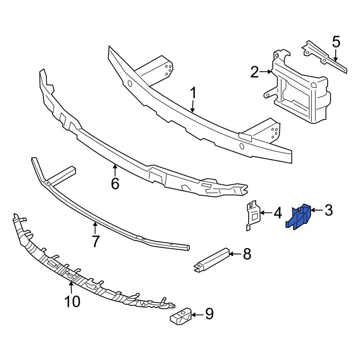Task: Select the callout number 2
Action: [255, 73]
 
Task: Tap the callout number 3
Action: [329, 210]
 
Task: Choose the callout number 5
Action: [336, 42]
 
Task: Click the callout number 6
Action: [115, 184]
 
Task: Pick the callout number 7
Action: [95, 241]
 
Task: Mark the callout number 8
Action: [247, 254]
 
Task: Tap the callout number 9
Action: [209, 314]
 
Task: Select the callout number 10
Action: [72, 302]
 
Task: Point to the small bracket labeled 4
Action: [253, 215]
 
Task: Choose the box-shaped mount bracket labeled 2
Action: [301, 92]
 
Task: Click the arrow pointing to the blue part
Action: [317, 210]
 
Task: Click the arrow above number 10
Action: [71, 288]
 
